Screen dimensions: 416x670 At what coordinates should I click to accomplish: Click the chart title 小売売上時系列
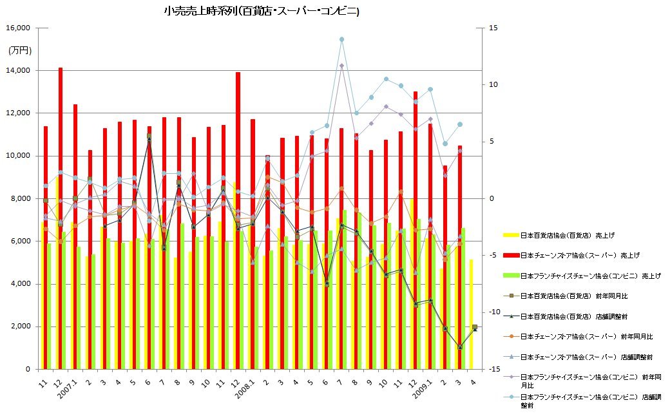click(x=262, y=11)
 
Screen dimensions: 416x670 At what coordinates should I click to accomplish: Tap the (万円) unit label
click(x=19, y=50)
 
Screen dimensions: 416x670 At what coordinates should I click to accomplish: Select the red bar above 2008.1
click(x=253, y=244)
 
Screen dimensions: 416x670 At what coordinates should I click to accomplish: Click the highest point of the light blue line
click(x=341, y=39)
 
